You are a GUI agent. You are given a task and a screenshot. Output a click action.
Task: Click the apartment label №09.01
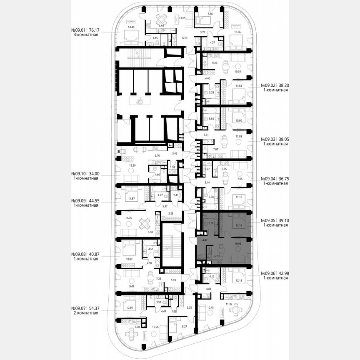click(79, 30)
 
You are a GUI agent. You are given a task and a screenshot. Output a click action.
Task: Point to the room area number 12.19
click(238, 225)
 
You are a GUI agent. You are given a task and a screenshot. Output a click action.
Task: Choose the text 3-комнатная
click(85, 35)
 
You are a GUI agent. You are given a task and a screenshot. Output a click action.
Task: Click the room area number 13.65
click(182, 18)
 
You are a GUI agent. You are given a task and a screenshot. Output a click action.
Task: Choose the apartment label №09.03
click(269, 139)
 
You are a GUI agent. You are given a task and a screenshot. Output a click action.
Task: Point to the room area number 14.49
click(121, 27)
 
